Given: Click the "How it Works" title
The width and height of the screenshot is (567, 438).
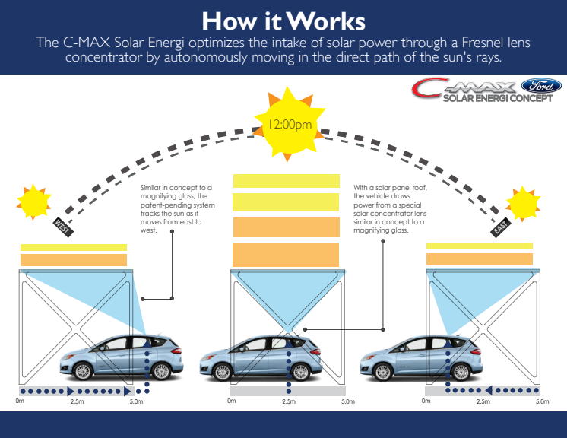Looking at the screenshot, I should coord(283,18).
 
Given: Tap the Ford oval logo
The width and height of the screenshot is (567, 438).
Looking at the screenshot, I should coord(536,87).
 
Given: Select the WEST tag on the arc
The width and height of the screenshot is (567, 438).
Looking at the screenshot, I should coord(63,225).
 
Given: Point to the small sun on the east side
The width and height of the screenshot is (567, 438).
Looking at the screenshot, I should coord(524,203).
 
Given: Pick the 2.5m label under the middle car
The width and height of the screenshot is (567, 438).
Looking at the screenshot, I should coord(288,401).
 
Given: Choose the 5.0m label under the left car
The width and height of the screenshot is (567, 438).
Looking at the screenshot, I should coord(136,401).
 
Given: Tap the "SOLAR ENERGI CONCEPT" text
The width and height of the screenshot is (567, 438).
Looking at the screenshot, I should coord(497,99).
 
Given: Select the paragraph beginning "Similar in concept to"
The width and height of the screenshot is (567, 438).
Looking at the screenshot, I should coord(177,208).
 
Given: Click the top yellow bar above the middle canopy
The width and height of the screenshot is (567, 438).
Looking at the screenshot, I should coord(286,180).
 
